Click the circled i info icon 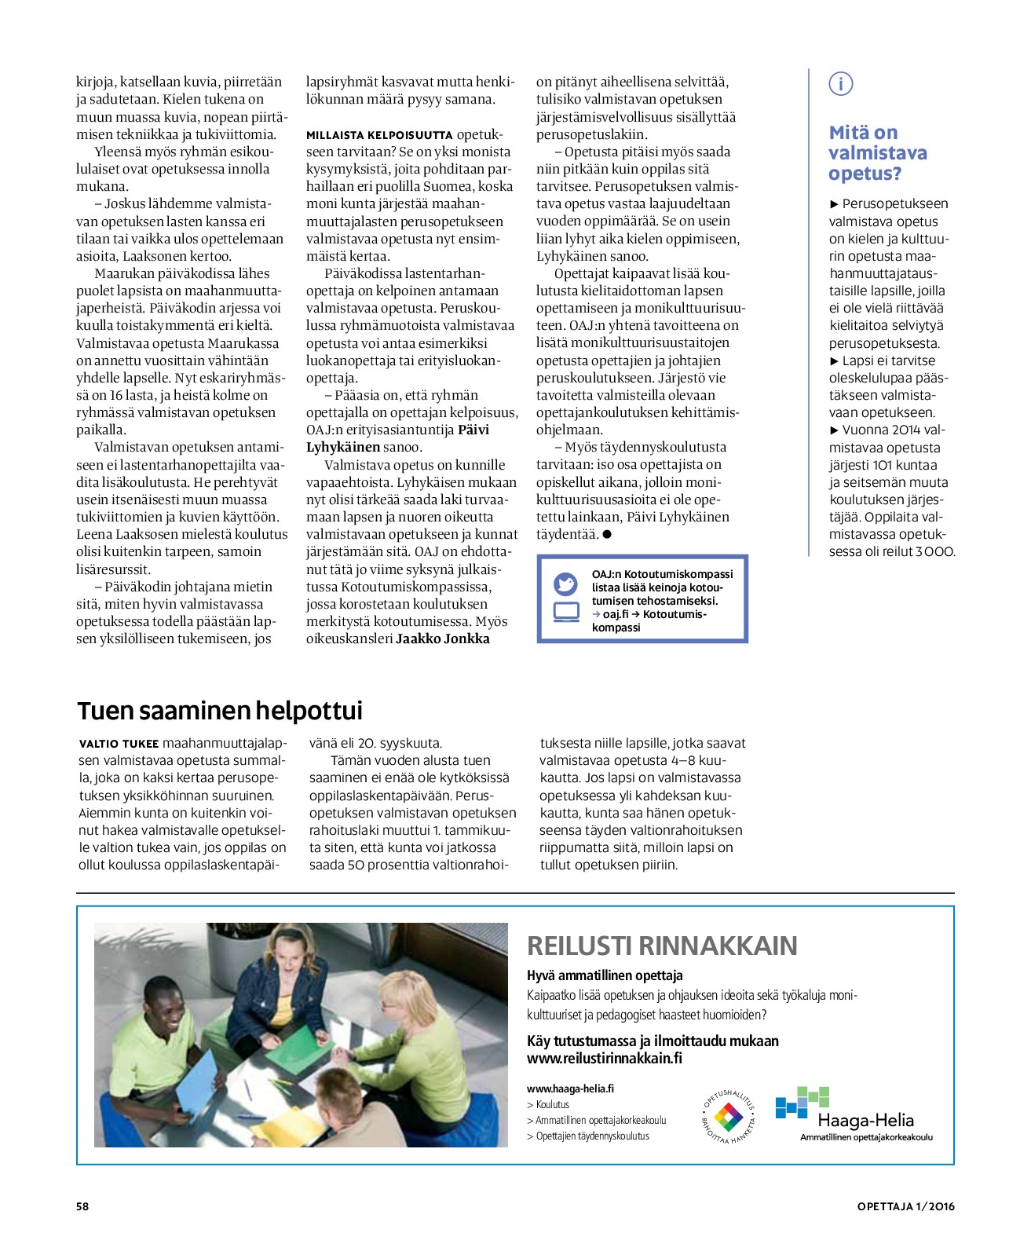point(840,84)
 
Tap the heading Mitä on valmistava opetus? point(877,153)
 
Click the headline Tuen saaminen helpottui point(220,711)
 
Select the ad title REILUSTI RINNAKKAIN point(662,946)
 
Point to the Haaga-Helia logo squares point(802,1102)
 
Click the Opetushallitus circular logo point(728,1116)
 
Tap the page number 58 point(82,1206)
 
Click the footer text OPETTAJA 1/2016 point(905,1206)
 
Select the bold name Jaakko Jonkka point(443,638)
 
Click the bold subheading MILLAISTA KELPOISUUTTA point(379,135)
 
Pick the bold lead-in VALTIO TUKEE point(119,743)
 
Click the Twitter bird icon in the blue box point(565,584)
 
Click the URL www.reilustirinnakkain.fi point(604,1058)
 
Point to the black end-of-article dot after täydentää point(607,535)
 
